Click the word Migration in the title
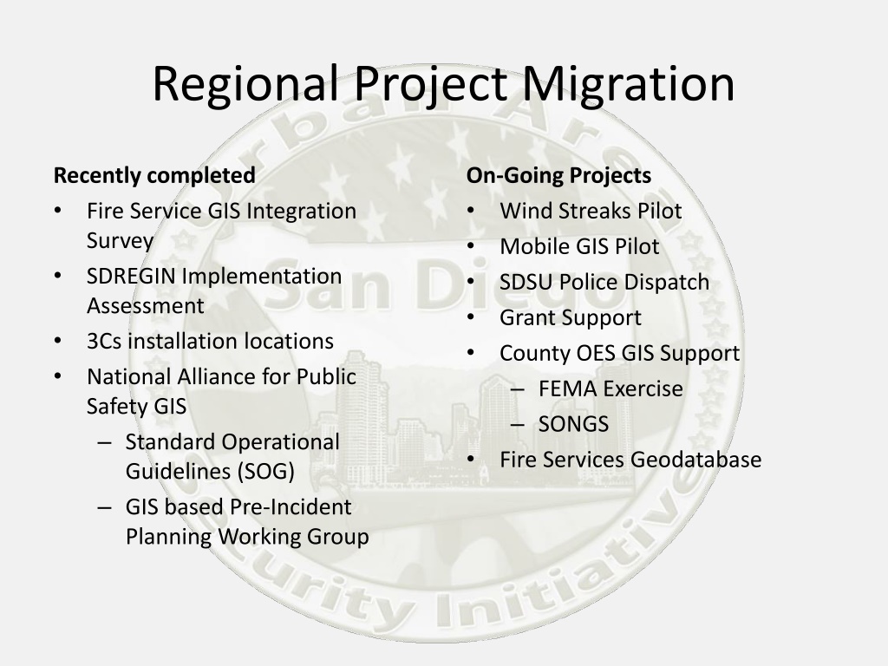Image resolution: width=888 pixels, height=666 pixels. pos(628,84)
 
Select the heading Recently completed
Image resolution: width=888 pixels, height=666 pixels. pos(154,175)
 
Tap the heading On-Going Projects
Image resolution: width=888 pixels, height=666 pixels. pos(559,175)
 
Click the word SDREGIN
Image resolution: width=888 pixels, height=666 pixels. pos(131,277)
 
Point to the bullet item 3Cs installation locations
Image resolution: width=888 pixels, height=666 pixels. pos(210,342)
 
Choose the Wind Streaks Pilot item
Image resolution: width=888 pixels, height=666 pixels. pos(591,212)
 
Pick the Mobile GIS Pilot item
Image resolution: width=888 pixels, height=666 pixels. pos(579,247)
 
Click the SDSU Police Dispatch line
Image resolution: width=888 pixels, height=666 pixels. pos(604,282)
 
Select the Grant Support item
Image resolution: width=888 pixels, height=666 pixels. pos(571,318)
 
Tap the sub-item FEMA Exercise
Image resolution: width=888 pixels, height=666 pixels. pos(610,389)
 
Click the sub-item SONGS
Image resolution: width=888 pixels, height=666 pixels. pos(574,424)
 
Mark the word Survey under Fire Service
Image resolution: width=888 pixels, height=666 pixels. pos(120,241)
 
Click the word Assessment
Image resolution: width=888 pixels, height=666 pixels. pos(146,306)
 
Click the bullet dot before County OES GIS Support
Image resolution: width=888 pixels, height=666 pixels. pos(471,353)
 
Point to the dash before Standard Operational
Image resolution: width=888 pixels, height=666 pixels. pos(104,442)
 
